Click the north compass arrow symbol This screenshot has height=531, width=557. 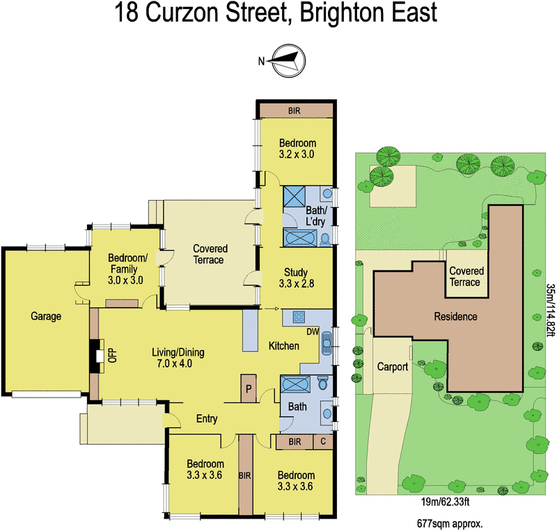pos(284,60)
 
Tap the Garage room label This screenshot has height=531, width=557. pos(46,316)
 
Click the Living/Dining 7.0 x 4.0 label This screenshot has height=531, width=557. pos(178,357)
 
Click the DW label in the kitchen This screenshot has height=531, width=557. pos(312,332)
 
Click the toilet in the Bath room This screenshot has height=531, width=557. pos(322,384)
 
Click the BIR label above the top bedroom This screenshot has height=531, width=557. pos(295,110)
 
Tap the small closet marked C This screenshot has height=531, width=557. pos(322,441)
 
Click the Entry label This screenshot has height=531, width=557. pos(207,419)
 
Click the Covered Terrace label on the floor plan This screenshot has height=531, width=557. pos(208,254)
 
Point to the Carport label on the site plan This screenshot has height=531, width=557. pos(392,367)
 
